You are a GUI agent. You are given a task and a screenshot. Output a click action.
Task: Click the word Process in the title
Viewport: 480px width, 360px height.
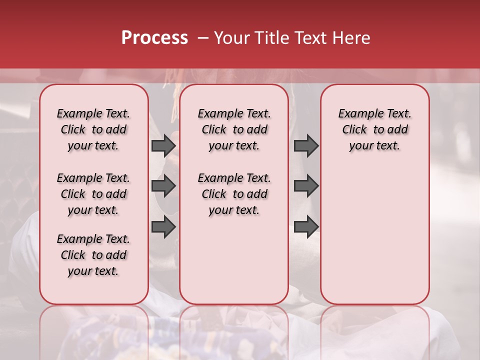pyautogui.click(x=154, y=38)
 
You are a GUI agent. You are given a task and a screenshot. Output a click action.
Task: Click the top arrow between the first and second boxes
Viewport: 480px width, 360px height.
pyautogui.click(x=163, y=146)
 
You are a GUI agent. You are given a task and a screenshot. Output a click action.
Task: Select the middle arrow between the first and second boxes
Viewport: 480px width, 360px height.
pyautogui.click(x=163, y=186)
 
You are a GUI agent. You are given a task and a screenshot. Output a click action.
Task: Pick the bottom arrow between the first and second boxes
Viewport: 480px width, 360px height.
pyautogui.click(x=163, y=226)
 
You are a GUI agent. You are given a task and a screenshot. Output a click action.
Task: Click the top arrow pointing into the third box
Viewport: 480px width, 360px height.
pyautogui.click(x=306, y=146)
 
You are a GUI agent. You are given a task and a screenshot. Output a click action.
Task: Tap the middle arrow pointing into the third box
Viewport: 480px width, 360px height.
pyautogui.click(x=306, y=186)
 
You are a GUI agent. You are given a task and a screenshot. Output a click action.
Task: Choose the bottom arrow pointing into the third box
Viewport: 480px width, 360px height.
pyautogui.click(x=306, y=226)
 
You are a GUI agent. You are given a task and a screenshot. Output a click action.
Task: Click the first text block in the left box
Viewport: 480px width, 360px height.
pyautogui.click(x=93, y=129)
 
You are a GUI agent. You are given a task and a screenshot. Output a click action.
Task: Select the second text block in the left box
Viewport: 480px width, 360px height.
pyautogui.click(x=93, y=194)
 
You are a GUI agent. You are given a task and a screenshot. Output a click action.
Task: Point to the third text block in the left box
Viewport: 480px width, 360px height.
pyautogui.click(x=93, y=255)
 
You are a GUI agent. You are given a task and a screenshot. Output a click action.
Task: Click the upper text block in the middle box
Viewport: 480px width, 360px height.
pyautogui.click(x=234, y=129)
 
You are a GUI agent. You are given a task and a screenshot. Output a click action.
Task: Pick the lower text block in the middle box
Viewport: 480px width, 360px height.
pyautogui.click(x=234, y=194)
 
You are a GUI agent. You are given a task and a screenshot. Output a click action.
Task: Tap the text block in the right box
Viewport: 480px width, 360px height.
pyautogui.click(x=375, y=129)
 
